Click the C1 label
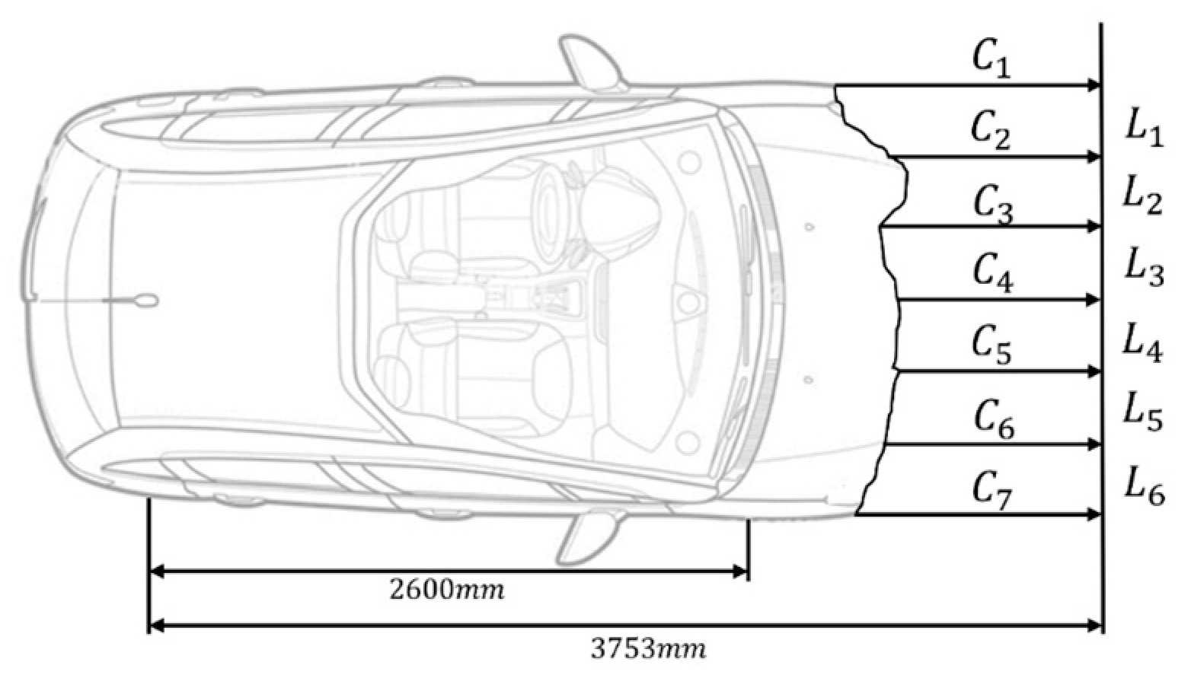point(992,59)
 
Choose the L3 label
point(1145,268)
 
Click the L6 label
point(1145,485)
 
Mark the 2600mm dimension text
point(446,590)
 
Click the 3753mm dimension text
point(649,648)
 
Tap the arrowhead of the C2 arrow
point(1094,157)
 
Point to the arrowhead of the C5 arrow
point(1094,371)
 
